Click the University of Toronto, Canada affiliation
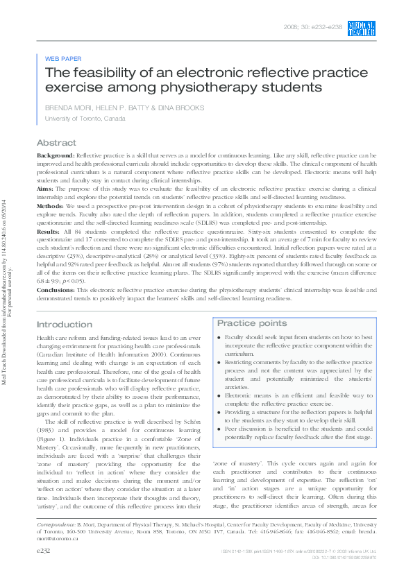click(x=85, y=119)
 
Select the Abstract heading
click(x=56, y=142)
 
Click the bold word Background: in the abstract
click(x=55, y=156)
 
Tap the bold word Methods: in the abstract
click(x=51, y=207)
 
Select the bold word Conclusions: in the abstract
click(x=56, y=298)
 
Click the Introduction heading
click(x=64, y=325)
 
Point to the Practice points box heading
click(x=252, y=323)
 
